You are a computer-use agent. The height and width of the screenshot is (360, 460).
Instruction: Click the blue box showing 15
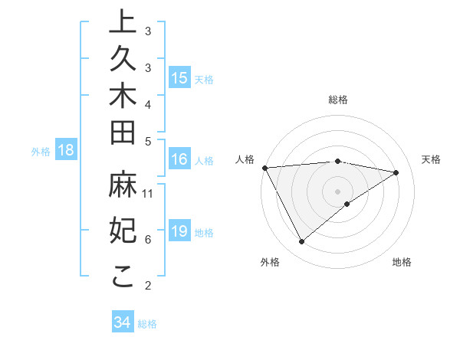(179, 78)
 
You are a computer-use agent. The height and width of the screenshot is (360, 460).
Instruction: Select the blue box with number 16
(179, 160)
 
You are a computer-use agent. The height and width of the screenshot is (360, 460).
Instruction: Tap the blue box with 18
(66, 151)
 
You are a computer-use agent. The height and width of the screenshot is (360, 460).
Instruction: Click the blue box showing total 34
(122, 322)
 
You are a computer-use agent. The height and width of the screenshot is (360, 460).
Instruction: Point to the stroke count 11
(149, 193)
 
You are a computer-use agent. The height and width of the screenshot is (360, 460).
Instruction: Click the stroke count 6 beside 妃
(148, 239)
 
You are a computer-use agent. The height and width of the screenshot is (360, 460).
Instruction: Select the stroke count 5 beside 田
(148, 141)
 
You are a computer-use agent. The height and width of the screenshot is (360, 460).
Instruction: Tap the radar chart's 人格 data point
(264, 168)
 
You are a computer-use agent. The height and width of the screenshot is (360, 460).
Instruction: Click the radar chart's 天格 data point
(396, 172)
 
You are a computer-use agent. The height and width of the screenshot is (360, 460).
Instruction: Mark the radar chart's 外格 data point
(301, 242)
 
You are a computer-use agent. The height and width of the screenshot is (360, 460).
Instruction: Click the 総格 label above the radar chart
(338, 100)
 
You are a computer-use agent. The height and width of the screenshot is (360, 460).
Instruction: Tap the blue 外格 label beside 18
(41, 152)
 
